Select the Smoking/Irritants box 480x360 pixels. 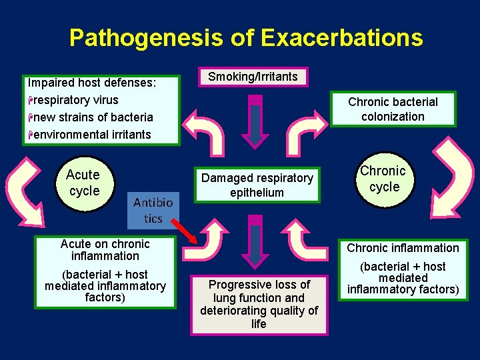point(253,77)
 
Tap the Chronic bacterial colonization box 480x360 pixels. point(393,109)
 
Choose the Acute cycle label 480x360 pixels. point(83,183)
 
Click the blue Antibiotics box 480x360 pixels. point(153,210)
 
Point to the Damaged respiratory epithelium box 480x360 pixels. point(257,185)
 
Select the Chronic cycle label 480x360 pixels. point(383,179)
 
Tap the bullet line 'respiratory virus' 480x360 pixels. point(75,100)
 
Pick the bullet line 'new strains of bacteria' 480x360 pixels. point(92,117)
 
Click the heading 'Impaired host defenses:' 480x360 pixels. point(92,83)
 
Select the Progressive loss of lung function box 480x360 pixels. point(259,304)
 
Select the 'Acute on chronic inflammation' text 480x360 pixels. point(105,250)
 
